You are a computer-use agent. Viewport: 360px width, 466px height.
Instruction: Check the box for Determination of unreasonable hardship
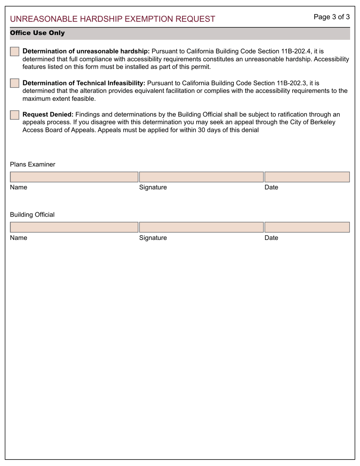(14, 52)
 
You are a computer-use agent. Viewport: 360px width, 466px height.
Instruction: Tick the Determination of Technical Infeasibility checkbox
(14, 83)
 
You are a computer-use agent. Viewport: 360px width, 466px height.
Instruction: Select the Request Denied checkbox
(14, 115)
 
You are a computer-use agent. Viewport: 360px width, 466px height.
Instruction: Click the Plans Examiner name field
(74, 177)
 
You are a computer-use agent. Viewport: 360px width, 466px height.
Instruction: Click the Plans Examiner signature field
(201, 177)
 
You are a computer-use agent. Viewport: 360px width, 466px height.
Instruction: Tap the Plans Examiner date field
(307, 177)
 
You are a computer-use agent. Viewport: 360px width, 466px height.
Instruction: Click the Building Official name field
(74, 227)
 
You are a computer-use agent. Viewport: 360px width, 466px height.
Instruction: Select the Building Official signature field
(201, 227)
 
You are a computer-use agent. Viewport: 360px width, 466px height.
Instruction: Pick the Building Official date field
(307, 227)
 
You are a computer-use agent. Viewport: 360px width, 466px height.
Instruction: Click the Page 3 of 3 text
(331, 17)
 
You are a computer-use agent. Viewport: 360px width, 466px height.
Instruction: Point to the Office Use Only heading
(37, 33)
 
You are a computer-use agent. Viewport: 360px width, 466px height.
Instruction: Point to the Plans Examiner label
(33, 164)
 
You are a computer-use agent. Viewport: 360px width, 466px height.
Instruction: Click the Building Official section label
(32, 215)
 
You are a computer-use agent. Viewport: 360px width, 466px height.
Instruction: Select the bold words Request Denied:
(48, 114)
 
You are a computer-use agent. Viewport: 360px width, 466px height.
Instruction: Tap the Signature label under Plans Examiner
(153, 188)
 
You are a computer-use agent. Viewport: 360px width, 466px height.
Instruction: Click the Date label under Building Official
(271, 238)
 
